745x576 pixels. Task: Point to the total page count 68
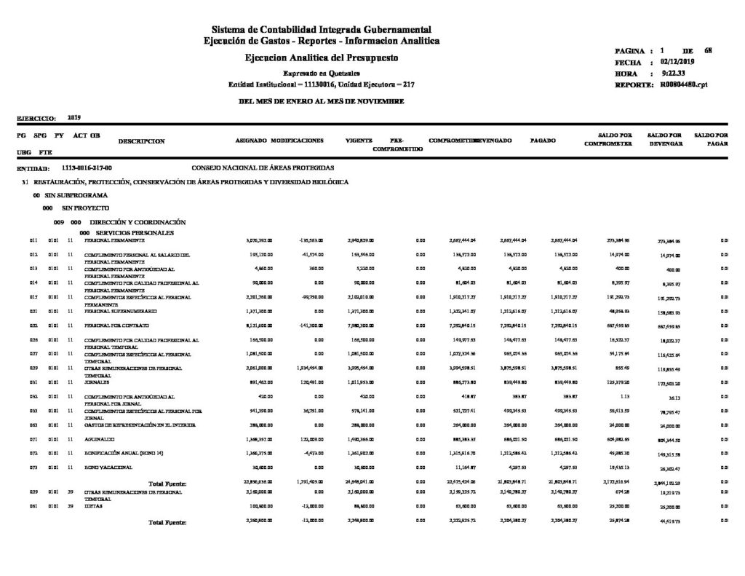(708, 50)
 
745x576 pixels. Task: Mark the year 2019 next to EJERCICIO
(73, 117)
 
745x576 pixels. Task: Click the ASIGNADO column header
(251, 138)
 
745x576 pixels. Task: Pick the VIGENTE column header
(359, 138)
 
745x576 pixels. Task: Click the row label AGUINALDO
(98, 441)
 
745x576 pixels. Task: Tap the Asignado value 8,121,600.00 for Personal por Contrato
(260, 324)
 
